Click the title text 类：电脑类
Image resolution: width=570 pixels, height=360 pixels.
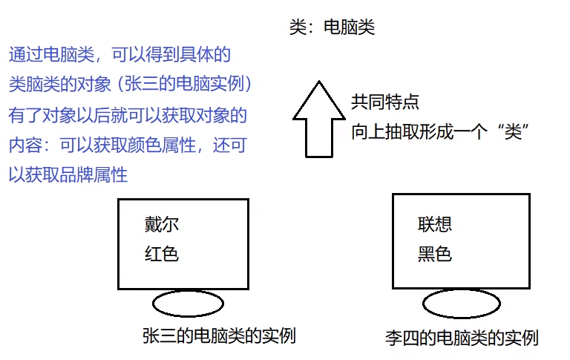coord(332,28)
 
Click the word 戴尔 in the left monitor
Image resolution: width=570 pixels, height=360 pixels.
coord(162,224)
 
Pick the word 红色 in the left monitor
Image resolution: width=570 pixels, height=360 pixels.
coord(162,254)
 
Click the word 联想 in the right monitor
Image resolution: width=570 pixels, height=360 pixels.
coord(435,224)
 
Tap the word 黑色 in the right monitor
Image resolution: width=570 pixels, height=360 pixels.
coord(435,254)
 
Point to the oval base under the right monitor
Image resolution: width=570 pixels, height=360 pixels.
coord(459,303)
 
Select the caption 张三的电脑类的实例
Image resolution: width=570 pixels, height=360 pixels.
coord(219,336)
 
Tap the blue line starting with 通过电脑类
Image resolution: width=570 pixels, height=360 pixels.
coord(119,55)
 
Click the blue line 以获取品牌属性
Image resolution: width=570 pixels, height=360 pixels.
coord(68,175)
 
